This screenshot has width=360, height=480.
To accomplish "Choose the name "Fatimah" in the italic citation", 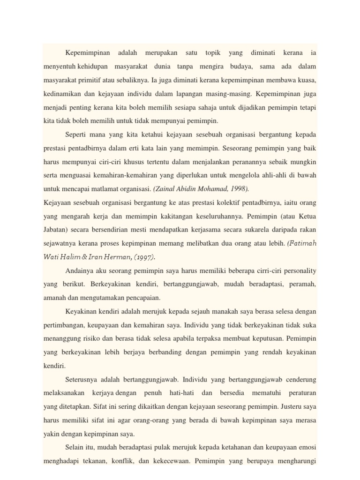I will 302,243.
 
